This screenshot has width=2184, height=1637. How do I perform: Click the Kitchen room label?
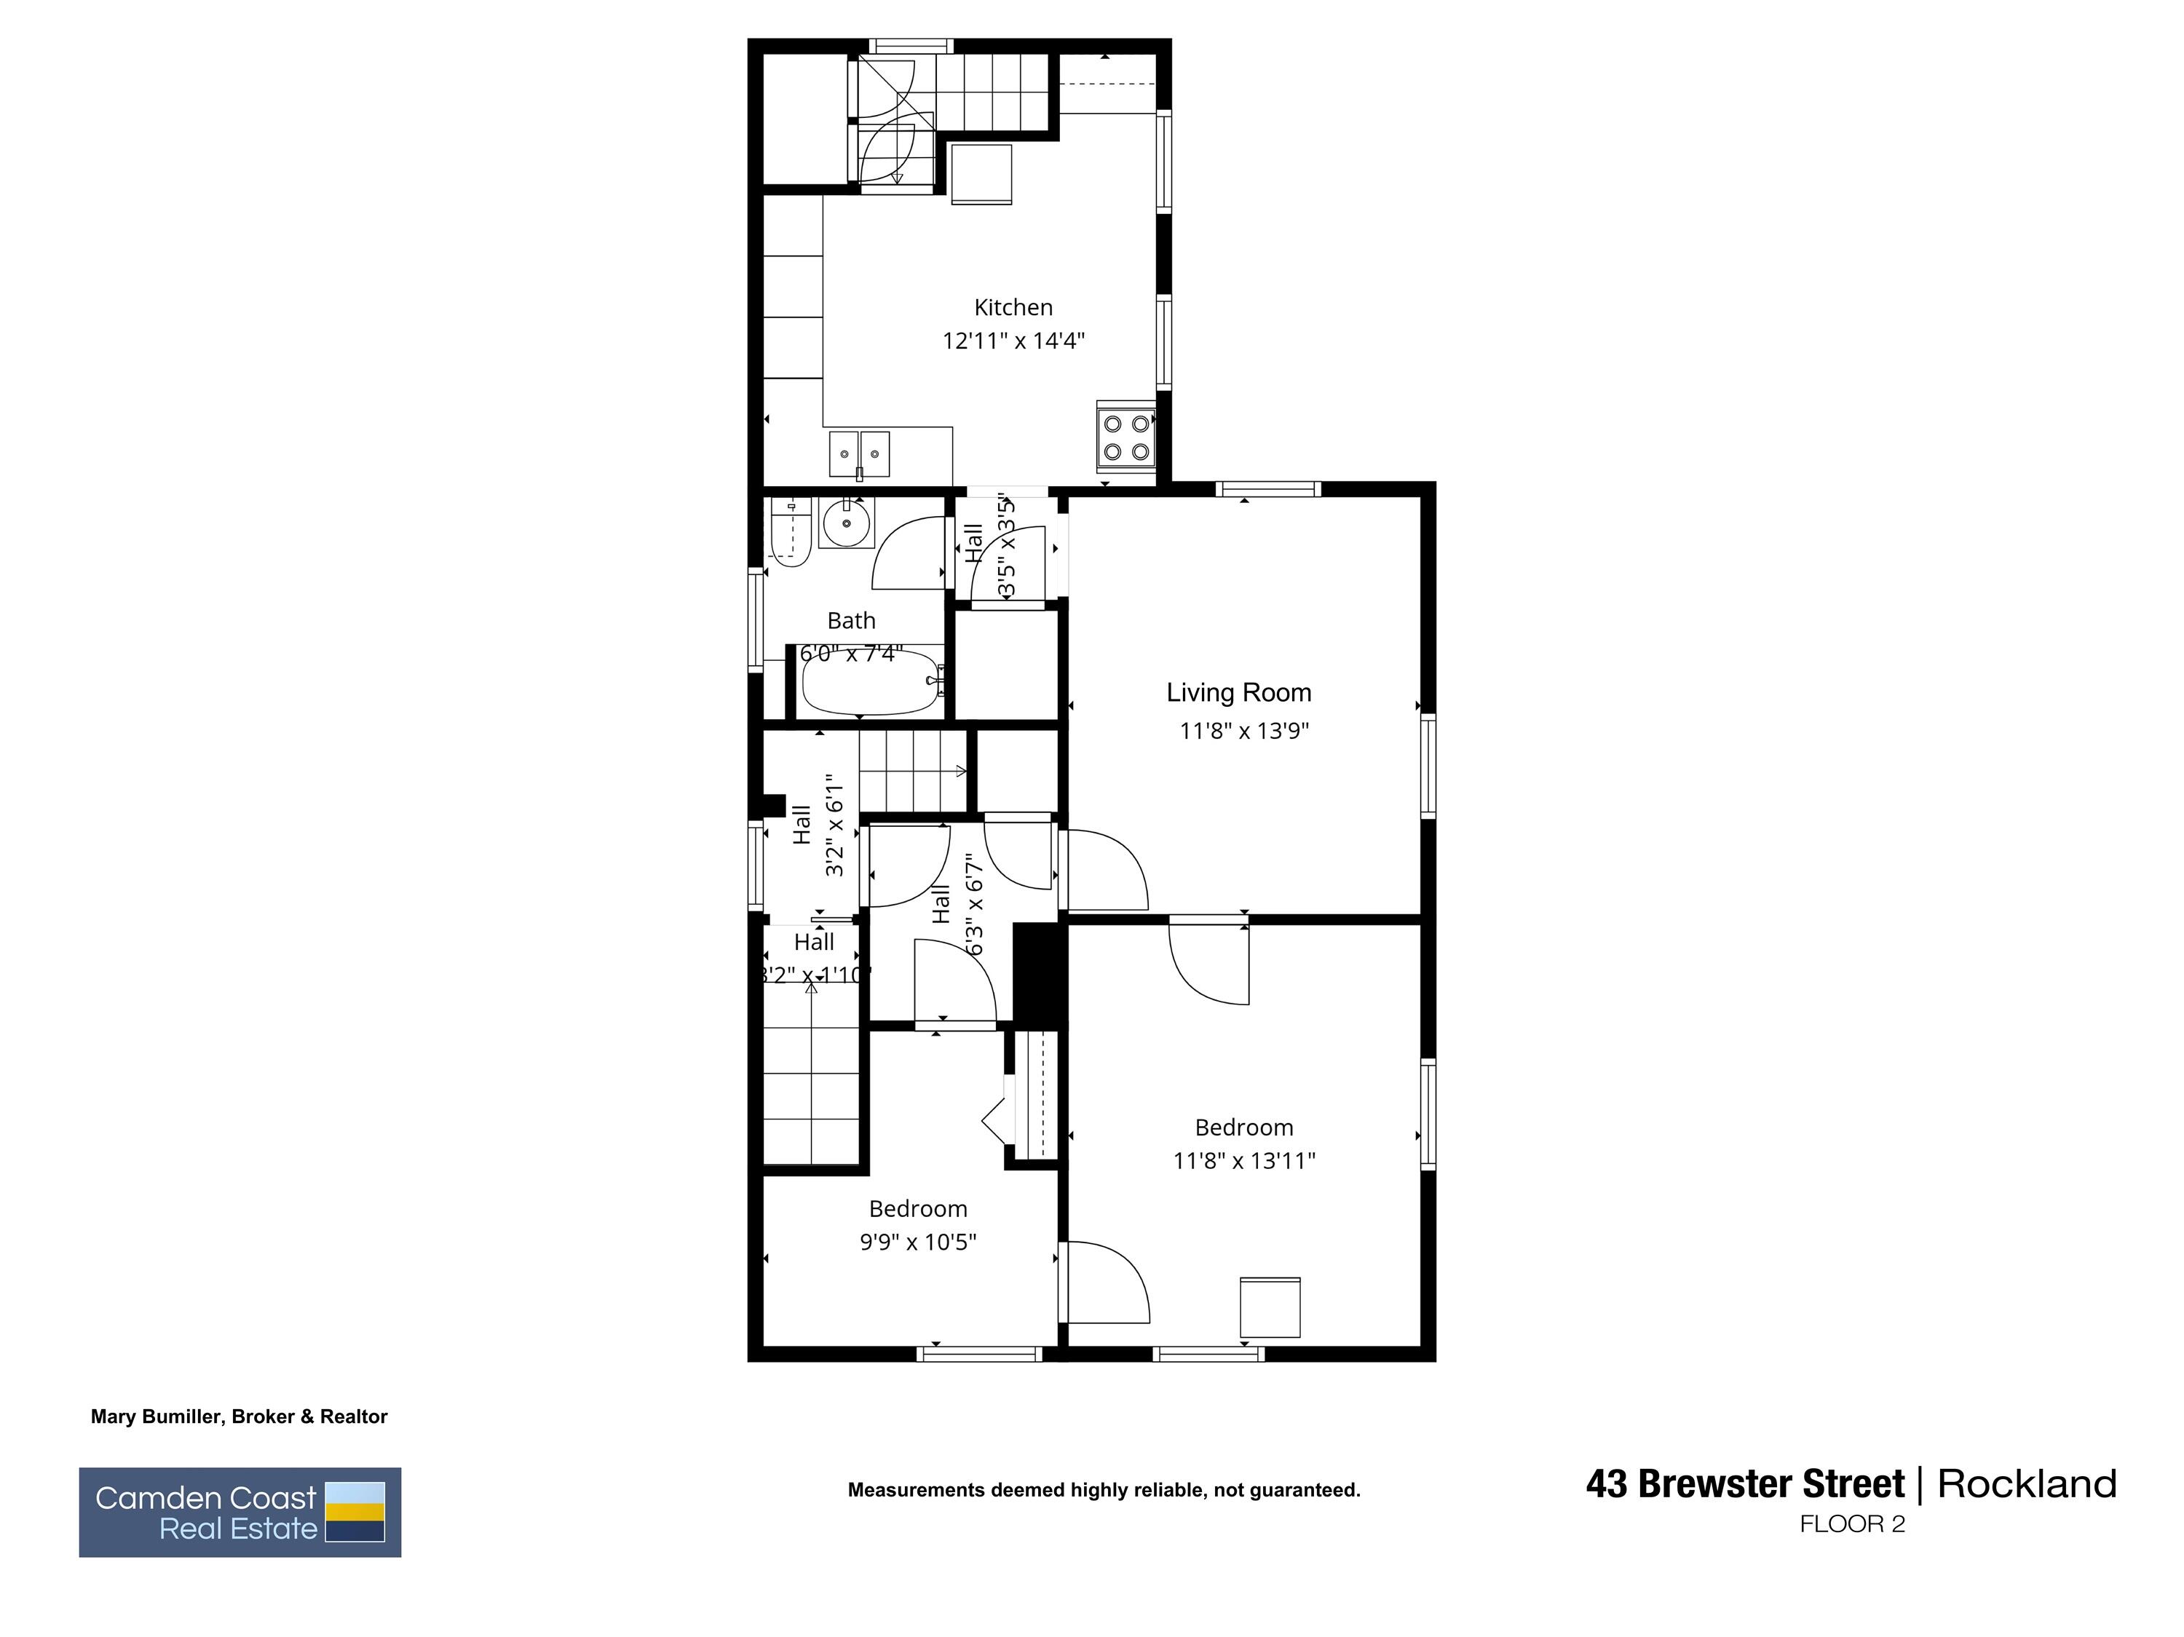coord(1013,308)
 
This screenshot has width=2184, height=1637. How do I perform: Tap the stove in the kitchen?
coord(1126,437)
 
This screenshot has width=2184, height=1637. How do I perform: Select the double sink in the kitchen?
coord(860,453)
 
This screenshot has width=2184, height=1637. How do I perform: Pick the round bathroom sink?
coord(846,523)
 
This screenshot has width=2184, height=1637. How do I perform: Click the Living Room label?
coord(1238,693)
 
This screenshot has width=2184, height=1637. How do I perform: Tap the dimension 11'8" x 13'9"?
coord(1244,732)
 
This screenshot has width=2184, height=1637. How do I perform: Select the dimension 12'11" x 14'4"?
coord(1013,341)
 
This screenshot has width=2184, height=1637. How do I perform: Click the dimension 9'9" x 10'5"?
coord(917,1242)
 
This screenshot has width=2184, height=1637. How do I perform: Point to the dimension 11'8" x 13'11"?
coord(1244,1161)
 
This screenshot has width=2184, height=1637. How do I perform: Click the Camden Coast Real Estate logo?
coord(240,1513)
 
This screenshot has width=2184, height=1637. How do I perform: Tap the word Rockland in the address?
coord(2026,1484)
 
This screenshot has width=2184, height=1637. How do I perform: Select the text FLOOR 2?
coord(1851,1524)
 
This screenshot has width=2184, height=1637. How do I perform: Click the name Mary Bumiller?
coord(158,1417)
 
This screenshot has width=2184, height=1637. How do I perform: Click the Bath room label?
coord(851,621)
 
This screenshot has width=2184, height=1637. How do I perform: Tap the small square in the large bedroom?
coord(1270,1307)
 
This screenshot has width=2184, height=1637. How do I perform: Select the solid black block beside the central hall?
coord(1040,973)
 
